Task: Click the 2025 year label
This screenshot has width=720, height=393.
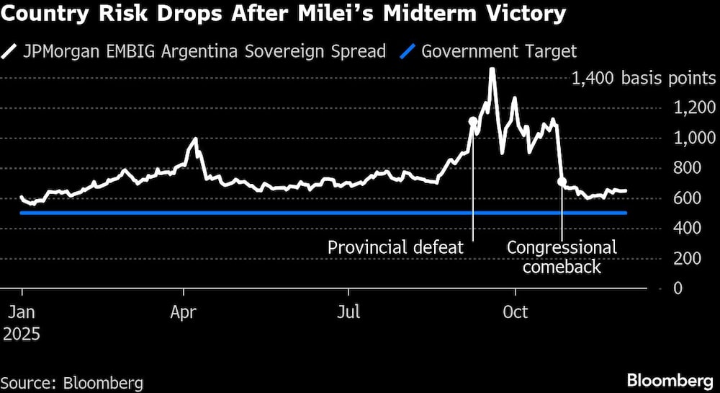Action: coord(22,335)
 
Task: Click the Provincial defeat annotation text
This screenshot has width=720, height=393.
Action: coord(395,247)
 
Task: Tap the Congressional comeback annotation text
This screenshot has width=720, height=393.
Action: coord(562,257)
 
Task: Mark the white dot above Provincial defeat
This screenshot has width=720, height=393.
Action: coord(473,122)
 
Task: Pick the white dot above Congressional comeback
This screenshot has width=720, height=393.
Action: coord(562,182)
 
